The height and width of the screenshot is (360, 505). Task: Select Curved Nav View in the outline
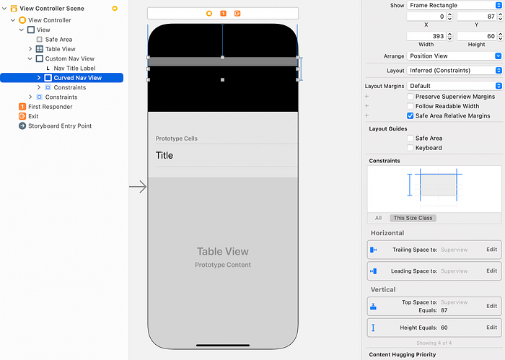[77, 77]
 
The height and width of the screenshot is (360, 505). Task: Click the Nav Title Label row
[75, 68]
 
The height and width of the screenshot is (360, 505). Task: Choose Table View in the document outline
[60, 49]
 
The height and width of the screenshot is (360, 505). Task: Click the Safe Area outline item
[58, 40]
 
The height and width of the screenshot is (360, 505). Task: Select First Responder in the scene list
[50, 106]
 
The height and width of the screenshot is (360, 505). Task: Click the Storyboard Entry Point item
[59, 126]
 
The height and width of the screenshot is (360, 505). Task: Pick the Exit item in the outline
[33, 116]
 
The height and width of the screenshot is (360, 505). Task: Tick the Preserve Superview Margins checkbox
[410, 97]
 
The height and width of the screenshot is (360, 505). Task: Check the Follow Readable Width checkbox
[410, 106]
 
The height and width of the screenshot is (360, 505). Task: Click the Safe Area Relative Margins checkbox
[410, 115]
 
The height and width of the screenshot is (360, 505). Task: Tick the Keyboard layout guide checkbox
[410, 148]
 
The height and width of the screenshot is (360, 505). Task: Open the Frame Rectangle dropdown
[454, 5]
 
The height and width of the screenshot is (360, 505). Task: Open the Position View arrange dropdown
[454, 56]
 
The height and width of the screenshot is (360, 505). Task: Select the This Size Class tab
[413, 218]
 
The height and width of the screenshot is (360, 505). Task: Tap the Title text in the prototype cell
[164, 155]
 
